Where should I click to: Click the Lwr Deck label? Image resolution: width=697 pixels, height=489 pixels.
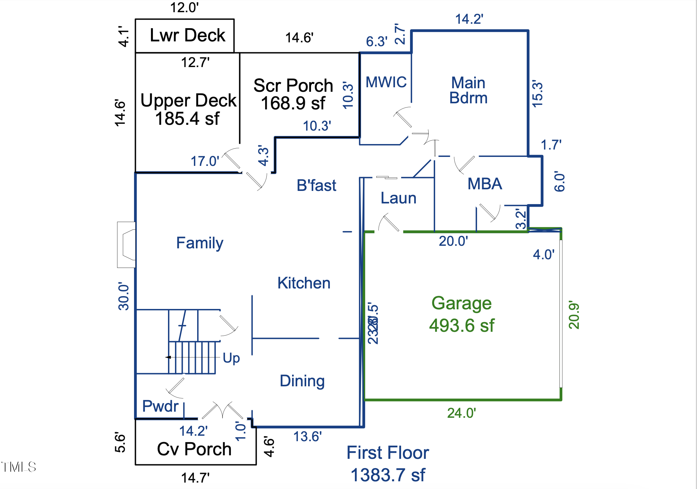click(188, 35)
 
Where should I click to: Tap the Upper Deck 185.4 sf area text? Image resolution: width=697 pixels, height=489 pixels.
click(188, 109)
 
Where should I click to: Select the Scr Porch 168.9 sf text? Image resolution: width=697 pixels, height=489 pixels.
click(293, 94)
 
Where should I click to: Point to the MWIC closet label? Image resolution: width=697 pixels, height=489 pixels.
click(386, 82)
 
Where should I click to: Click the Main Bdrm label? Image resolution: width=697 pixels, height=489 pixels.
click(468, 90)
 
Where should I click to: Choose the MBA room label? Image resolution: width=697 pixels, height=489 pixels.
click(484, 184)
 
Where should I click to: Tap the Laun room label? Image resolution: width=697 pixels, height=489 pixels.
click(398, 198)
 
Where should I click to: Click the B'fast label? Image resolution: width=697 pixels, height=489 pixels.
click(316, 185)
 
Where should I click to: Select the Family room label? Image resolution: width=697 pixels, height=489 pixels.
click(199, 243)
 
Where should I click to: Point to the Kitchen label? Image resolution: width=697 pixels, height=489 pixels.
click(304, 283)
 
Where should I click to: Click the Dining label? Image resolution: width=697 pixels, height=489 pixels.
click(302, 381)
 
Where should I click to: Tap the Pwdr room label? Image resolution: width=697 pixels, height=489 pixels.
click(160, 406)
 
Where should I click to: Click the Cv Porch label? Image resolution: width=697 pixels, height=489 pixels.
click(194, 449)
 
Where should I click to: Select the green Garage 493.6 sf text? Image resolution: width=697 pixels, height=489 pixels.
click(461, 314)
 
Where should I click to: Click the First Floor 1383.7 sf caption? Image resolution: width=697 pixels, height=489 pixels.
click(388, 464)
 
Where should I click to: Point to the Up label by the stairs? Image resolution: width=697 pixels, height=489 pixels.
click(231, 358)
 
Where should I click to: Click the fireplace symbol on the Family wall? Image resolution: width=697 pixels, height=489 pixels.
click(127, 244)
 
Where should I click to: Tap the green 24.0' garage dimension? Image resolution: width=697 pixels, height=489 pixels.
click(461, 413)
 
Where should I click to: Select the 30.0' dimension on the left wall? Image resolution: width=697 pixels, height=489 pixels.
click(124, 296)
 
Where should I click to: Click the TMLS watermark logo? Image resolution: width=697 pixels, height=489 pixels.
click(19, 467)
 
